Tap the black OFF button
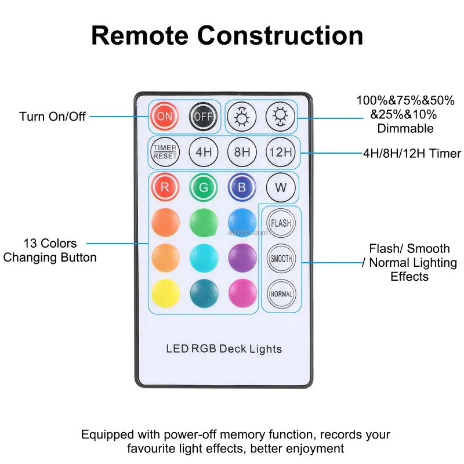click(x=203, y=116)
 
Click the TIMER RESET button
click(x=165, y=153)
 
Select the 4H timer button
click(x=203, y=153)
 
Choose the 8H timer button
click(x=242, y=153)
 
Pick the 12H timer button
click(x=281, y=153)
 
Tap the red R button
click(x=165, y=188)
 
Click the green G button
click(x=203, y=188)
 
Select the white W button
click(x=281, y=188)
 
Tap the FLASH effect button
click(x=281, y=223)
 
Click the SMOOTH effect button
click(x=281, y=259)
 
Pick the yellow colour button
click(x=165, y=293)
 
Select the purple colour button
click(x=242, y=258)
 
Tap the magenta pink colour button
click(x=242, y=293)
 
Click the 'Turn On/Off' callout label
click(x=52, y=117)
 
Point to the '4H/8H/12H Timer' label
click(x=412, y=154)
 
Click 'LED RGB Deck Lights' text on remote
click(x=224, y=349)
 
